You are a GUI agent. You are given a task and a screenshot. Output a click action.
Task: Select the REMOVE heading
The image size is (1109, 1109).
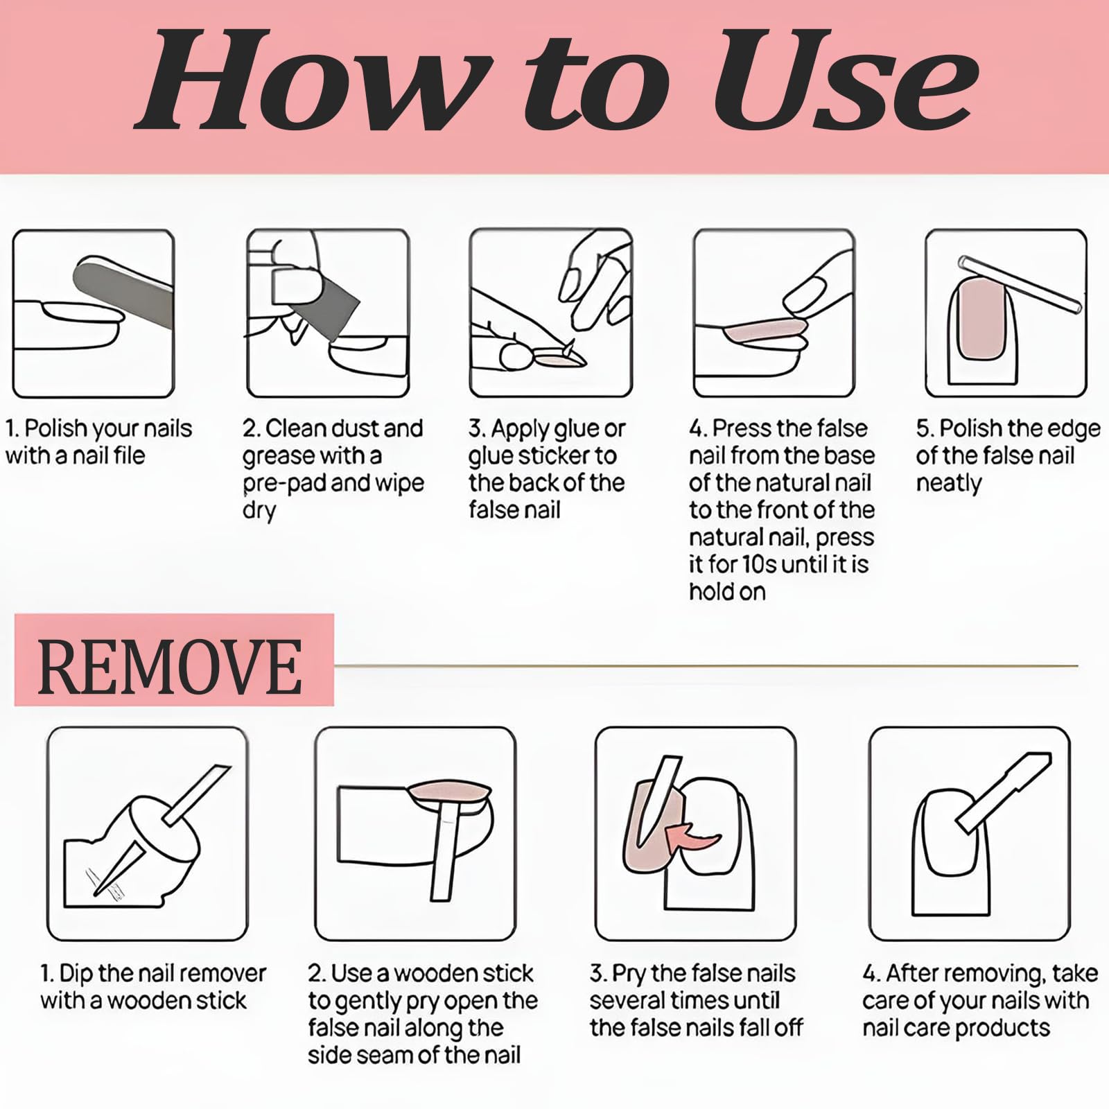(x=170, y=667)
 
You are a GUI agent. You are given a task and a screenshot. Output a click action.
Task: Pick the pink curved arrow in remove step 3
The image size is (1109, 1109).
(x=693, y=835)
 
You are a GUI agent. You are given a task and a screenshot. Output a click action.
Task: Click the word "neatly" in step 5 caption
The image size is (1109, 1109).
(x=949, y=483)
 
